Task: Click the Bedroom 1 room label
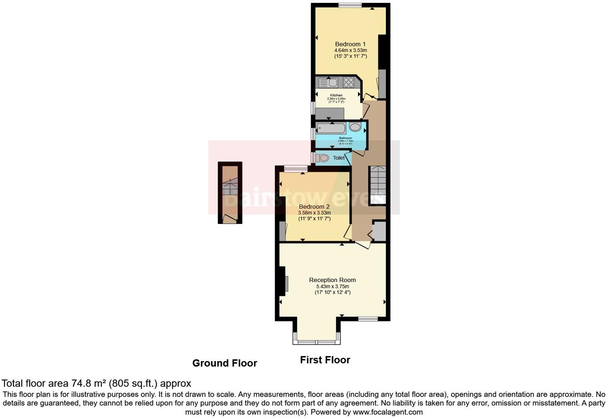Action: pyautogui.click(x=350, y=44)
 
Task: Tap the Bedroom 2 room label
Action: pyautogui.click(x=314, y=207)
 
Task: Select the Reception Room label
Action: pyautogui.click(x=332, y=280)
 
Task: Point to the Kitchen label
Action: pyautogui.click(x=336, y=95)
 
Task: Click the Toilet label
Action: pyautogui.click(x=339, y=158)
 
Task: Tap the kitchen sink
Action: pyautogui.click(x=328, y=83)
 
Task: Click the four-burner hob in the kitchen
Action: pyautogui.click(x=348, y=82)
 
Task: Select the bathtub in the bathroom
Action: pyautogui.click(x=331, y=128)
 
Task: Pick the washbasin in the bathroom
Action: pyautogui.click(x=355, y=127)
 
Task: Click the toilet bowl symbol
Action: pyautogui.click(x=323, y=158)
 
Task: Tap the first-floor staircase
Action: pyautogui.click(x=377, y=185)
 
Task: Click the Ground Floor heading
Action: pyautogui.click(x=224, y=363)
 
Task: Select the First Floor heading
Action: pyautogui.click(x=325, y=360)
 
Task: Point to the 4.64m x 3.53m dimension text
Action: pyautogui.click(x=350, y=50)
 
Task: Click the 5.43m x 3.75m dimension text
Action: pyautogui.click(x=332, y=287)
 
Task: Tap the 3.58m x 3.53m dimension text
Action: pyautogui.click(x=314, y=213)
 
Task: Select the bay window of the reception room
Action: pyautogui.click(x=316, y=342)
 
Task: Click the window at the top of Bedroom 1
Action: pyautogui.click(x=350, y=5)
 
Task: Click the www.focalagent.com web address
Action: pyautogui.click(x=387, y=412)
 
